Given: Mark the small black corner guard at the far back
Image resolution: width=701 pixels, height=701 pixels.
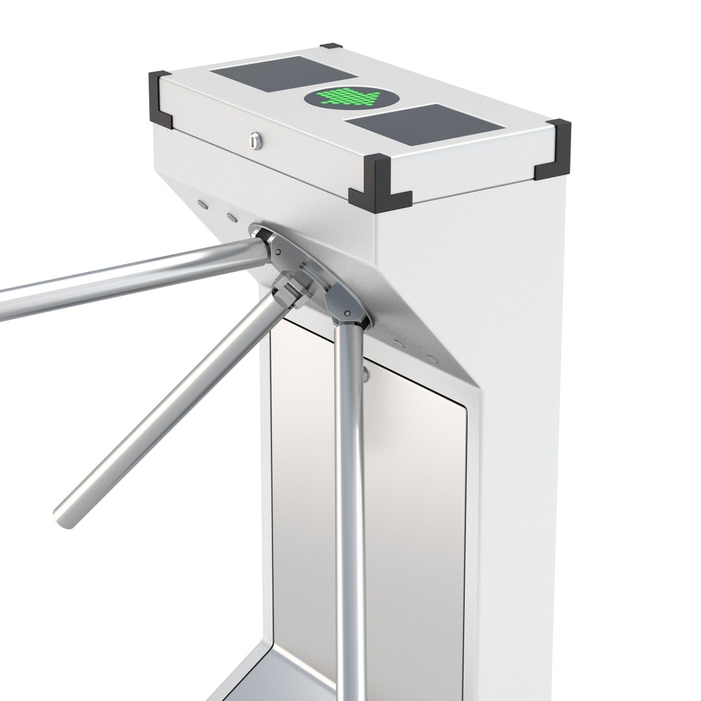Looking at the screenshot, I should coord(331,47).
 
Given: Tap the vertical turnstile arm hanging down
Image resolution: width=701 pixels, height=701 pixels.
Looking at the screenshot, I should coord(351,506).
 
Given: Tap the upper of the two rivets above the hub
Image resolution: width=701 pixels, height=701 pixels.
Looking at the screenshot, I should coord(204,203).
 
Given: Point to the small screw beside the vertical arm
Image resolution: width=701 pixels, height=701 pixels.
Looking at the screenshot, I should coord(366,373).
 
